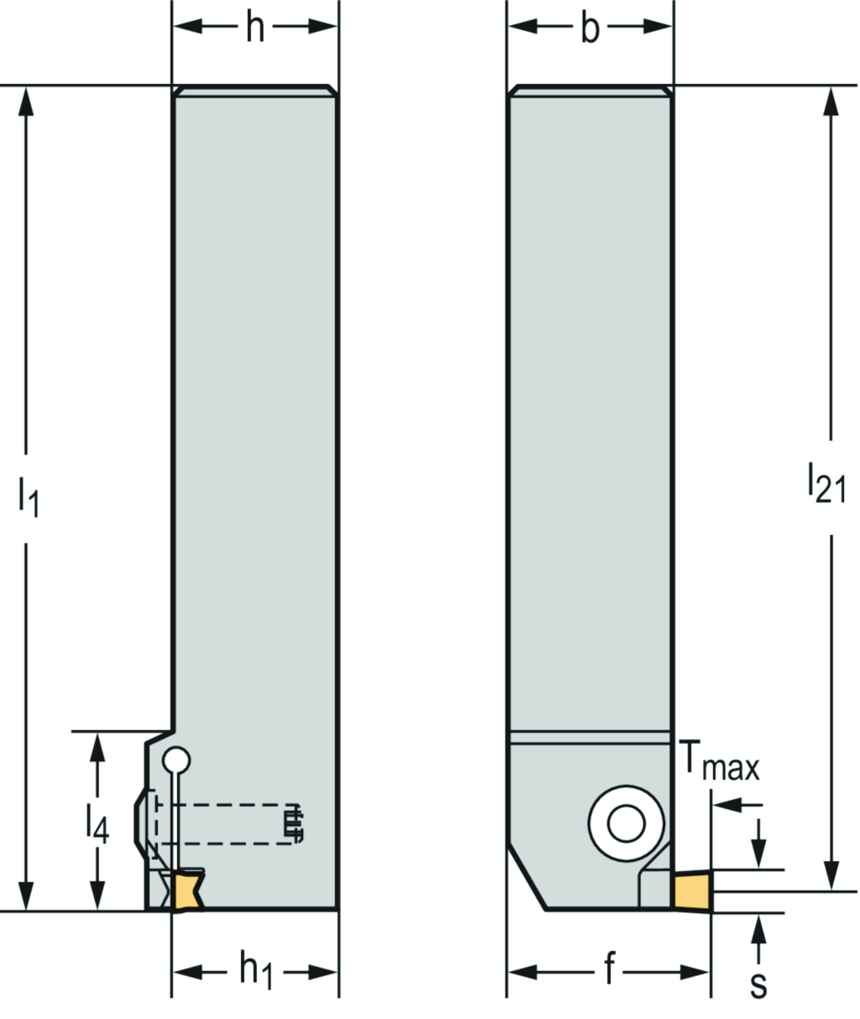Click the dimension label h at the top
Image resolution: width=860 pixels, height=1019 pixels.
pyautogui.click(x=254, y=29)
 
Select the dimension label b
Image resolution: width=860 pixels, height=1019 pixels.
pyautogui.click(x=590, y=29)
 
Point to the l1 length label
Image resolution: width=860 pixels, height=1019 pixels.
pyautogui.click(x=28, y=497)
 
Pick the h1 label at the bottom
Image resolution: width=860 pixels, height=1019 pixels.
pyautogui.click(x=255, y=972)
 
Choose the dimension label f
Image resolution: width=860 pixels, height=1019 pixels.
pyautogui.click(x=609, y=972)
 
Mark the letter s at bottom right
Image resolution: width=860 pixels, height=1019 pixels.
pyautogui.click(x=758, y=985)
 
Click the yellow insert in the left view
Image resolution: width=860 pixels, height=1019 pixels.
pyautogui.click(x=186, y=891)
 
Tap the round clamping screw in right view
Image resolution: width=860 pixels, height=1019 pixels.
pyautogui.click(x=623, y=822)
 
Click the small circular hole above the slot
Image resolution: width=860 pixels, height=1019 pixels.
pyautogui.click(x=176, y=760)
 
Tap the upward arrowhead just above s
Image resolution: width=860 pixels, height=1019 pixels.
pyautogui.click(x=760, y=927)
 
